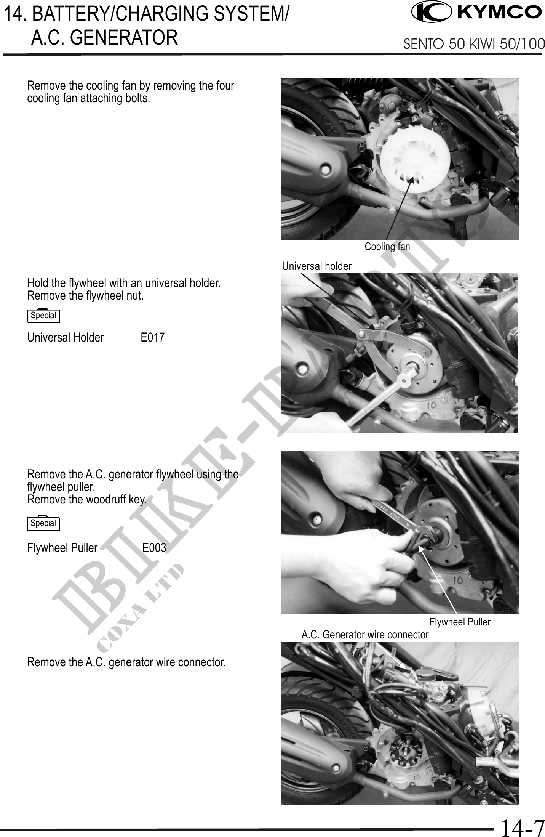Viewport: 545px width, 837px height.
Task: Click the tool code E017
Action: pyautogui.click(x=153, y=337)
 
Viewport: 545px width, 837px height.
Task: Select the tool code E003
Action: pyautogui.click(x=154, y=548)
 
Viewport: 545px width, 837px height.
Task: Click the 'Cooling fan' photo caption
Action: pyautogui.click(x=387, y=247)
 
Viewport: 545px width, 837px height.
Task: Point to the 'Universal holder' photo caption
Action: pyautogui.click(x=317, y=266)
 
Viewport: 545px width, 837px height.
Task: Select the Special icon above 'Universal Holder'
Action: pyautogui.click(x=44, y=315)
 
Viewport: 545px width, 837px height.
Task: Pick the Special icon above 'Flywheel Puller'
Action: pyautogui.click(x=44, y=523)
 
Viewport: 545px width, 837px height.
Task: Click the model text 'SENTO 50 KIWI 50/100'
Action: pyautogui.click(x=474, y=45)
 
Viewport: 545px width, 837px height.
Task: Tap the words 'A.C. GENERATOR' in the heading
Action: pyautogui.click(x=104, y=38)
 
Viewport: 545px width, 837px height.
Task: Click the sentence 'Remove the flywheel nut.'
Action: pyautogui.click(x=86, y=296)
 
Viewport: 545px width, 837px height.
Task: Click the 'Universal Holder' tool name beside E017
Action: pyautogui.click(x=66, y=337)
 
